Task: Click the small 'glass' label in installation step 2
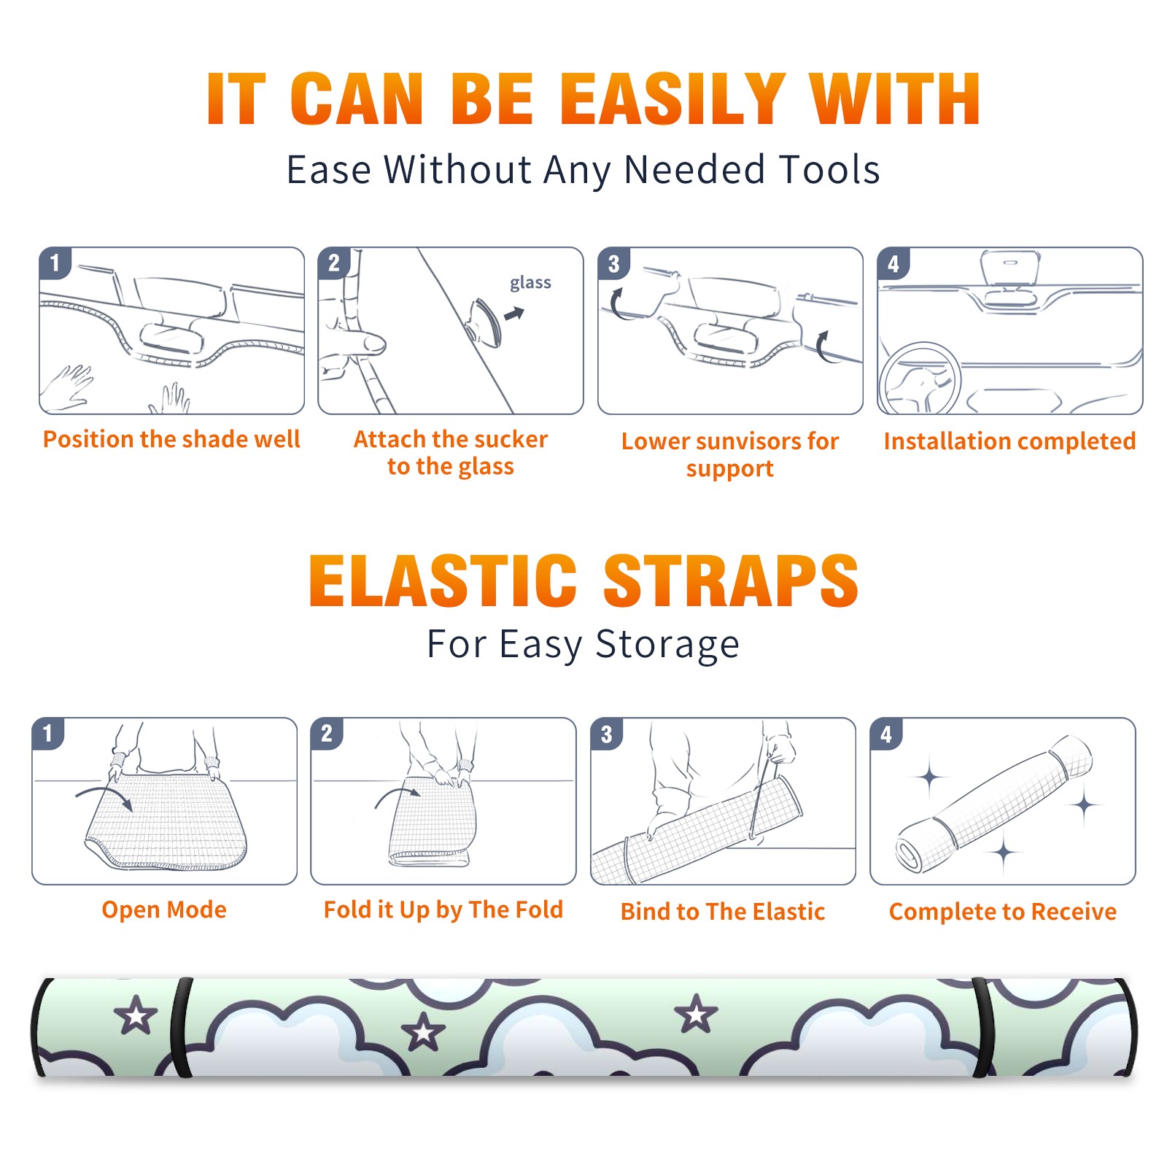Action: pos(530,283)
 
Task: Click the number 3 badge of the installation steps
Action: pos(614,263)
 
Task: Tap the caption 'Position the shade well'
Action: pos(171,439)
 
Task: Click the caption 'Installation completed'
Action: pos(1009,441)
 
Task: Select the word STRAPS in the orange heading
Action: pos(731,581)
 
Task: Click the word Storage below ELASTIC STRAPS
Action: pos(667,645)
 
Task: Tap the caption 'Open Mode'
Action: pos(164,910)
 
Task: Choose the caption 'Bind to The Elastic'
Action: pos(723,912)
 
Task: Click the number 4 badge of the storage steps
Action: pos(886,734)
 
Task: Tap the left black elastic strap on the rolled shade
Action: pos(181,1028)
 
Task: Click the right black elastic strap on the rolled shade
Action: pos(982,1028)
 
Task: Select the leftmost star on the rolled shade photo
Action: pos(136,1015)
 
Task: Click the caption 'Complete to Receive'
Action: pos(1003,912)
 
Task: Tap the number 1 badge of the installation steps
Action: pos(55,263)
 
